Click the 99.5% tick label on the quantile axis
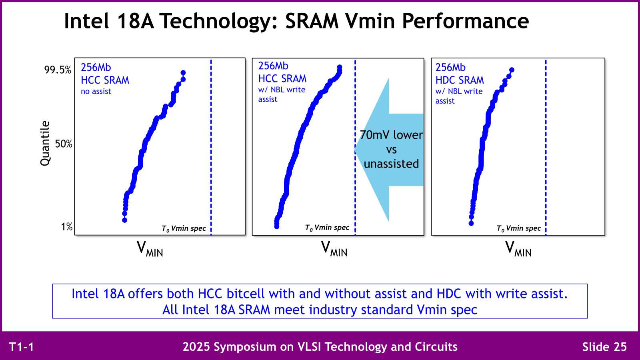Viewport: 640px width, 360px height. pos(58,70)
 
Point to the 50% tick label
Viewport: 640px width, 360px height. pos(64,144)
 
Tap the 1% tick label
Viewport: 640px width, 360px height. pos(66,227)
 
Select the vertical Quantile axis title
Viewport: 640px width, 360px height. pos(45,143)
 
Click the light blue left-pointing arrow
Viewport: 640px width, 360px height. pos(389,150)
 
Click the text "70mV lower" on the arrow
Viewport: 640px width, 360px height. pos(391,135)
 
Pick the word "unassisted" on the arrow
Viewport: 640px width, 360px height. pos(392,164)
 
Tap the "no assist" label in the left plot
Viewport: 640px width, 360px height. pos(96,92)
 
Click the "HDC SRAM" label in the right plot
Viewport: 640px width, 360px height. pos(460,80)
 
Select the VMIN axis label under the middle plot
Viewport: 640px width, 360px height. pos(334,248)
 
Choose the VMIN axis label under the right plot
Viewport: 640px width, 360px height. pos(518,248)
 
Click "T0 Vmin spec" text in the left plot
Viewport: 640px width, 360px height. pos(184,228)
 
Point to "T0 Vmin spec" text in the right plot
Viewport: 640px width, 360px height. pos(518,228)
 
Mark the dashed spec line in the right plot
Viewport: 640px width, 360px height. pos(546,148)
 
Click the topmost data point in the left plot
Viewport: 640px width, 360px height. pos(183,73)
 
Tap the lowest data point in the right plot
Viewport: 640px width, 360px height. pos(471,224)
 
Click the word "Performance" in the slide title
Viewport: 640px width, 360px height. pos(466,21)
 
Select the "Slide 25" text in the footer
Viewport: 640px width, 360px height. pos(604,347)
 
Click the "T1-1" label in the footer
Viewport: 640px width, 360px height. pos(22,347)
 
